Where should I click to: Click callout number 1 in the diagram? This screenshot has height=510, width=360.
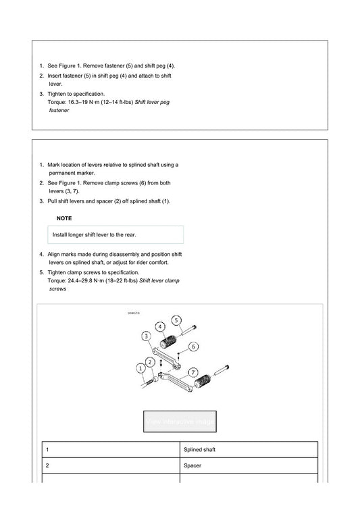click(140, 368)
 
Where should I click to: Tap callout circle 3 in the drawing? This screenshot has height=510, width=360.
click(146, 336)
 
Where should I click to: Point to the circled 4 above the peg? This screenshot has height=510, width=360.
click(161, 326)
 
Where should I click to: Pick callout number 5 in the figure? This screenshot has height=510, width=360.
click(176, 320)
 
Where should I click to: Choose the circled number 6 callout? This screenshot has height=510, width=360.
click(193, 347)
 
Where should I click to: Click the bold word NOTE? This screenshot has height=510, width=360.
click(64, 218)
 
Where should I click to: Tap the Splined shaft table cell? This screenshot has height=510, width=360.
click(248, 449)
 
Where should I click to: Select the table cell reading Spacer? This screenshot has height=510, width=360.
click(248, 465)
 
